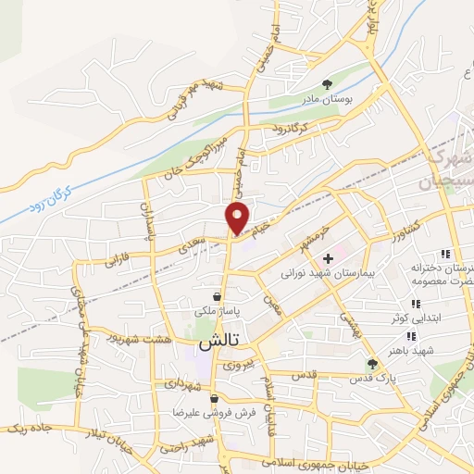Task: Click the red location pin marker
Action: click(x=237, y=218)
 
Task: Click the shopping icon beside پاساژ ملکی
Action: click(x=214, y=298)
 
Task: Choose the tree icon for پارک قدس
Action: click(x=371, y=365)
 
